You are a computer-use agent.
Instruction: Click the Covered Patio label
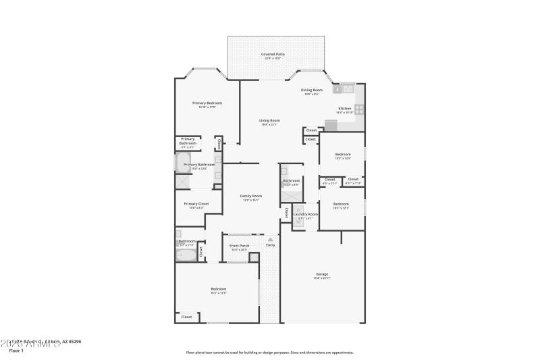point(273,54)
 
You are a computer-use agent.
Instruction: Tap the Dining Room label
point(312,90)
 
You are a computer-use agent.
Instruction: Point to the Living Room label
point(269,120)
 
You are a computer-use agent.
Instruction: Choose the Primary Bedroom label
point(207,103)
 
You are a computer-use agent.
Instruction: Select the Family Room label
point(251,196)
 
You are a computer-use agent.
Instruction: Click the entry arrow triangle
point(270,239)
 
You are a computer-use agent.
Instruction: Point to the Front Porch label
point(239,246)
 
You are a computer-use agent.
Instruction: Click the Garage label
point(321,274)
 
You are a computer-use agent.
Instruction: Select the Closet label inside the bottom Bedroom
point(186,316)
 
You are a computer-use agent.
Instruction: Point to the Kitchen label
point(345,108)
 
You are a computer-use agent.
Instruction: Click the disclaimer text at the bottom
point(269,352)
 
